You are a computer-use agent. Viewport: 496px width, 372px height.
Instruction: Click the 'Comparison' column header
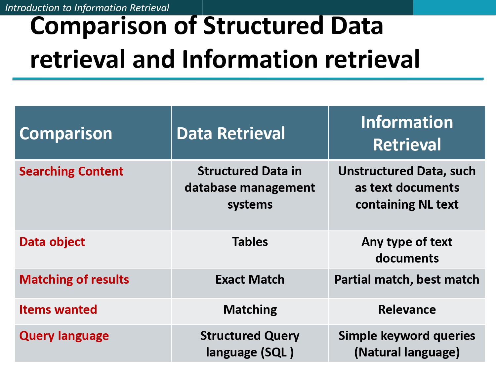click(x=66, y=134)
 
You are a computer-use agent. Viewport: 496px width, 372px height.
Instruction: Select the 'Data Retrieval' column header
click(x=230, y=134)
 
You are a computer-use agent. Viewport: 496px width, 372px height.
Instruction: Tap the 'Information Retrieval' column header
click(x=407, y=133)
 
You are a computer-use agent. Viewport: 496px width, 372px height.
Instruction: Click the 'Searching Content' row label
click(x=71, y=172)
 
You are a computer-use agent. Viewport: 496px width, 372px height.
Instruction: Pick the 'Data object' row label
click(x=52, y=242)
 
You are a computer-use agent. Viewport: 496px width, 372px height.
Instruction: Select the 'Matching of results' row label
click(x=74, y=280)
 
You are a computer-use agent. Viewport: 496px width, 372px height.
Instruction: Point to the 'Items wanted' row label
click(x=58, y=310)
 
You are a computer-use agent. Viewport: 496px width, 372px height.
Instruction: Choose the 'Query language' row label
click(x=64, y=336)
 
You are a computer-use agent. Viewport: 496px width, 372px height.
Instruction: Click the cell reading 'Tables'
click(x=250, y=242)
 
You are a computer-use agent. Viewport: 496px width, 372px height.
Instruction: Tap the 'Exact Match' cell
click(x=250, y=280)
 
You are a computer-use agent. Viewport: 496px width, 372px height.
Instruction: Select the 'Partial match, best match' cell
click(x=407, y=280)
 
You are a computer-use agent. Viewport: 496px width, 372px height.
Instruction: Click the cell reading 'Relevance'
click(x=407, y=310)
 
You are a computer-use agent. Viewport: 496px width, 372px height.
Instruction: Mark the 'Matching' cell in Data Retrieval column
click(x=250, y=310)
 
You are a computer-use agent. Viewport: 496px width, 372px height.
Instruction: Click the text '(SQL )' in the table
click(x=277, y=352)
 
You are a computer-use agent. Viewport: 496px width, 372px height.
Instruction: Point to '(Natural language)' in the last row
click(x=407, y=352)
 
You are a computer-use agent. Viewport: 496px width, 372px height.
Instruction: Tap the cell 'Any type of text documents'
click(x=407, y=250)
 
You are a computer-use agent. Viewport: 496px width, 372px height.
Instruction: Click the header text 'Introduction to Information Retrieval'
click(x=87, y=8)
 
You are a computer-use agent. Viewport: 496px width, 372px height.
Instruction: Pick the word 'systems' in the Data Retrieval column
click(x=250, y=205)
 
